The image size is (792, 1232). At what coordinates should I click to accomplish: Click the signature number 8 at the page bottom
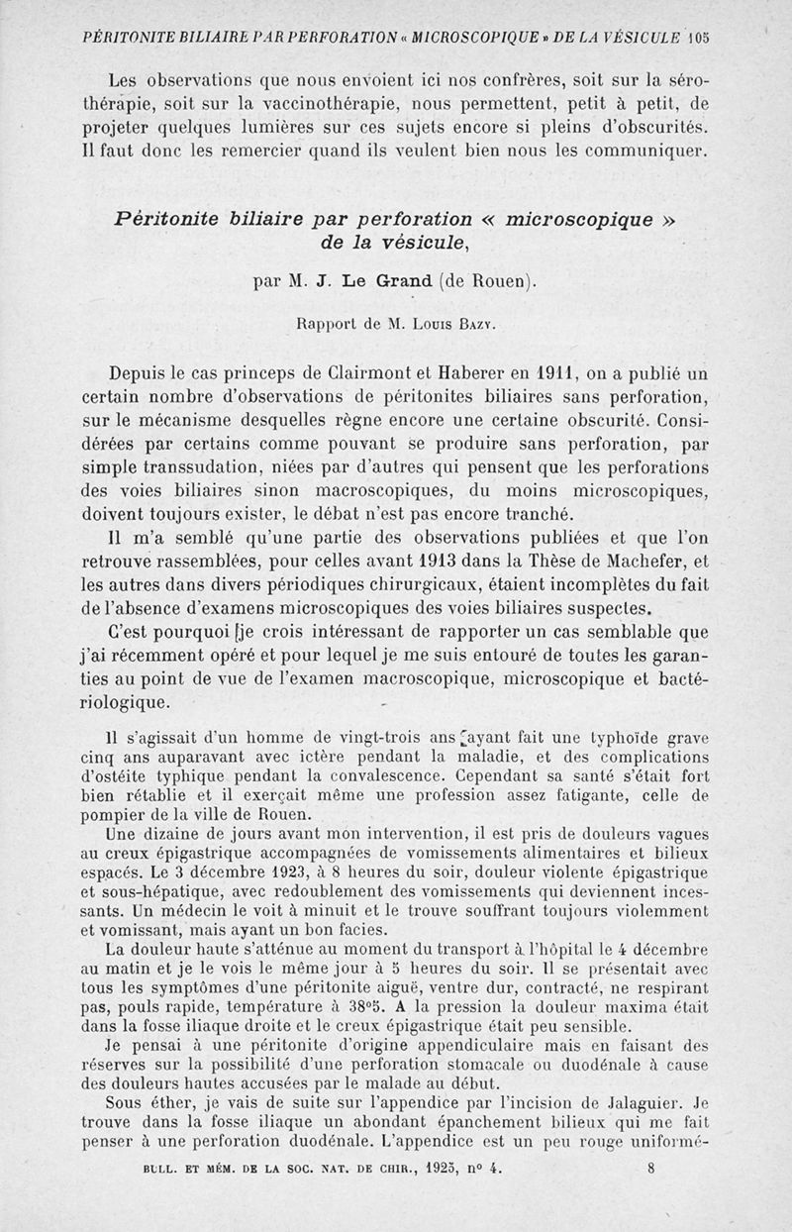pyautogui.click(x=650, y=1168)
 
